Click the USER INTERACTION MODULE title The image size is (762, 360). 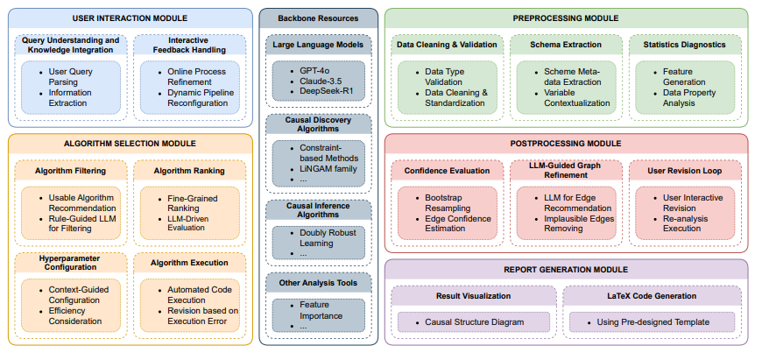point(130,18)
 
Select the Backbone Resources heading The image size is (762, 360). point(319,18)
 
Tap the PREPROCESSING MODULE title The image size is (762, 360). point(566,18)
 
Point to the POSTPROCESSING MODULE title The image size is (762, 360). point(566,143)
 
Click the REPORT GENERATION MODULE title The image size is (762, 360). point(566,269)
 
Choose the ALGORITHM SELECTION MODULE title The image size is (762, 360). point(130,143)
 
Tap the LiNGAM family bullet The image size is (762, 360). point(328,168)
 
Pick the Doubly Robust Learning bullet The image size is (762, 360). point(329,236)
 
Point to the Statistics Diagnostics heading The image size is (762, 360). point(685,44)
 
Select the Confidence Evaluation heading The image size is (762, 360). point(448,170)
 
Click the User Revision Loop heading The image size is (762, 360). point(685,170)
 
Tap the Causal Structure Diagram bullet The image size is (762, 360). point(474,322)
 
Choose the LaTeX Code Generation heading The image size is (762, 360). point(652,296)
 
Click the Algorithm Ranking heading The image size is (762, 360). point(188,170)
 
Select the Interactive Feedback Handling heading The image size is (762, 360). point(188,44)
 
